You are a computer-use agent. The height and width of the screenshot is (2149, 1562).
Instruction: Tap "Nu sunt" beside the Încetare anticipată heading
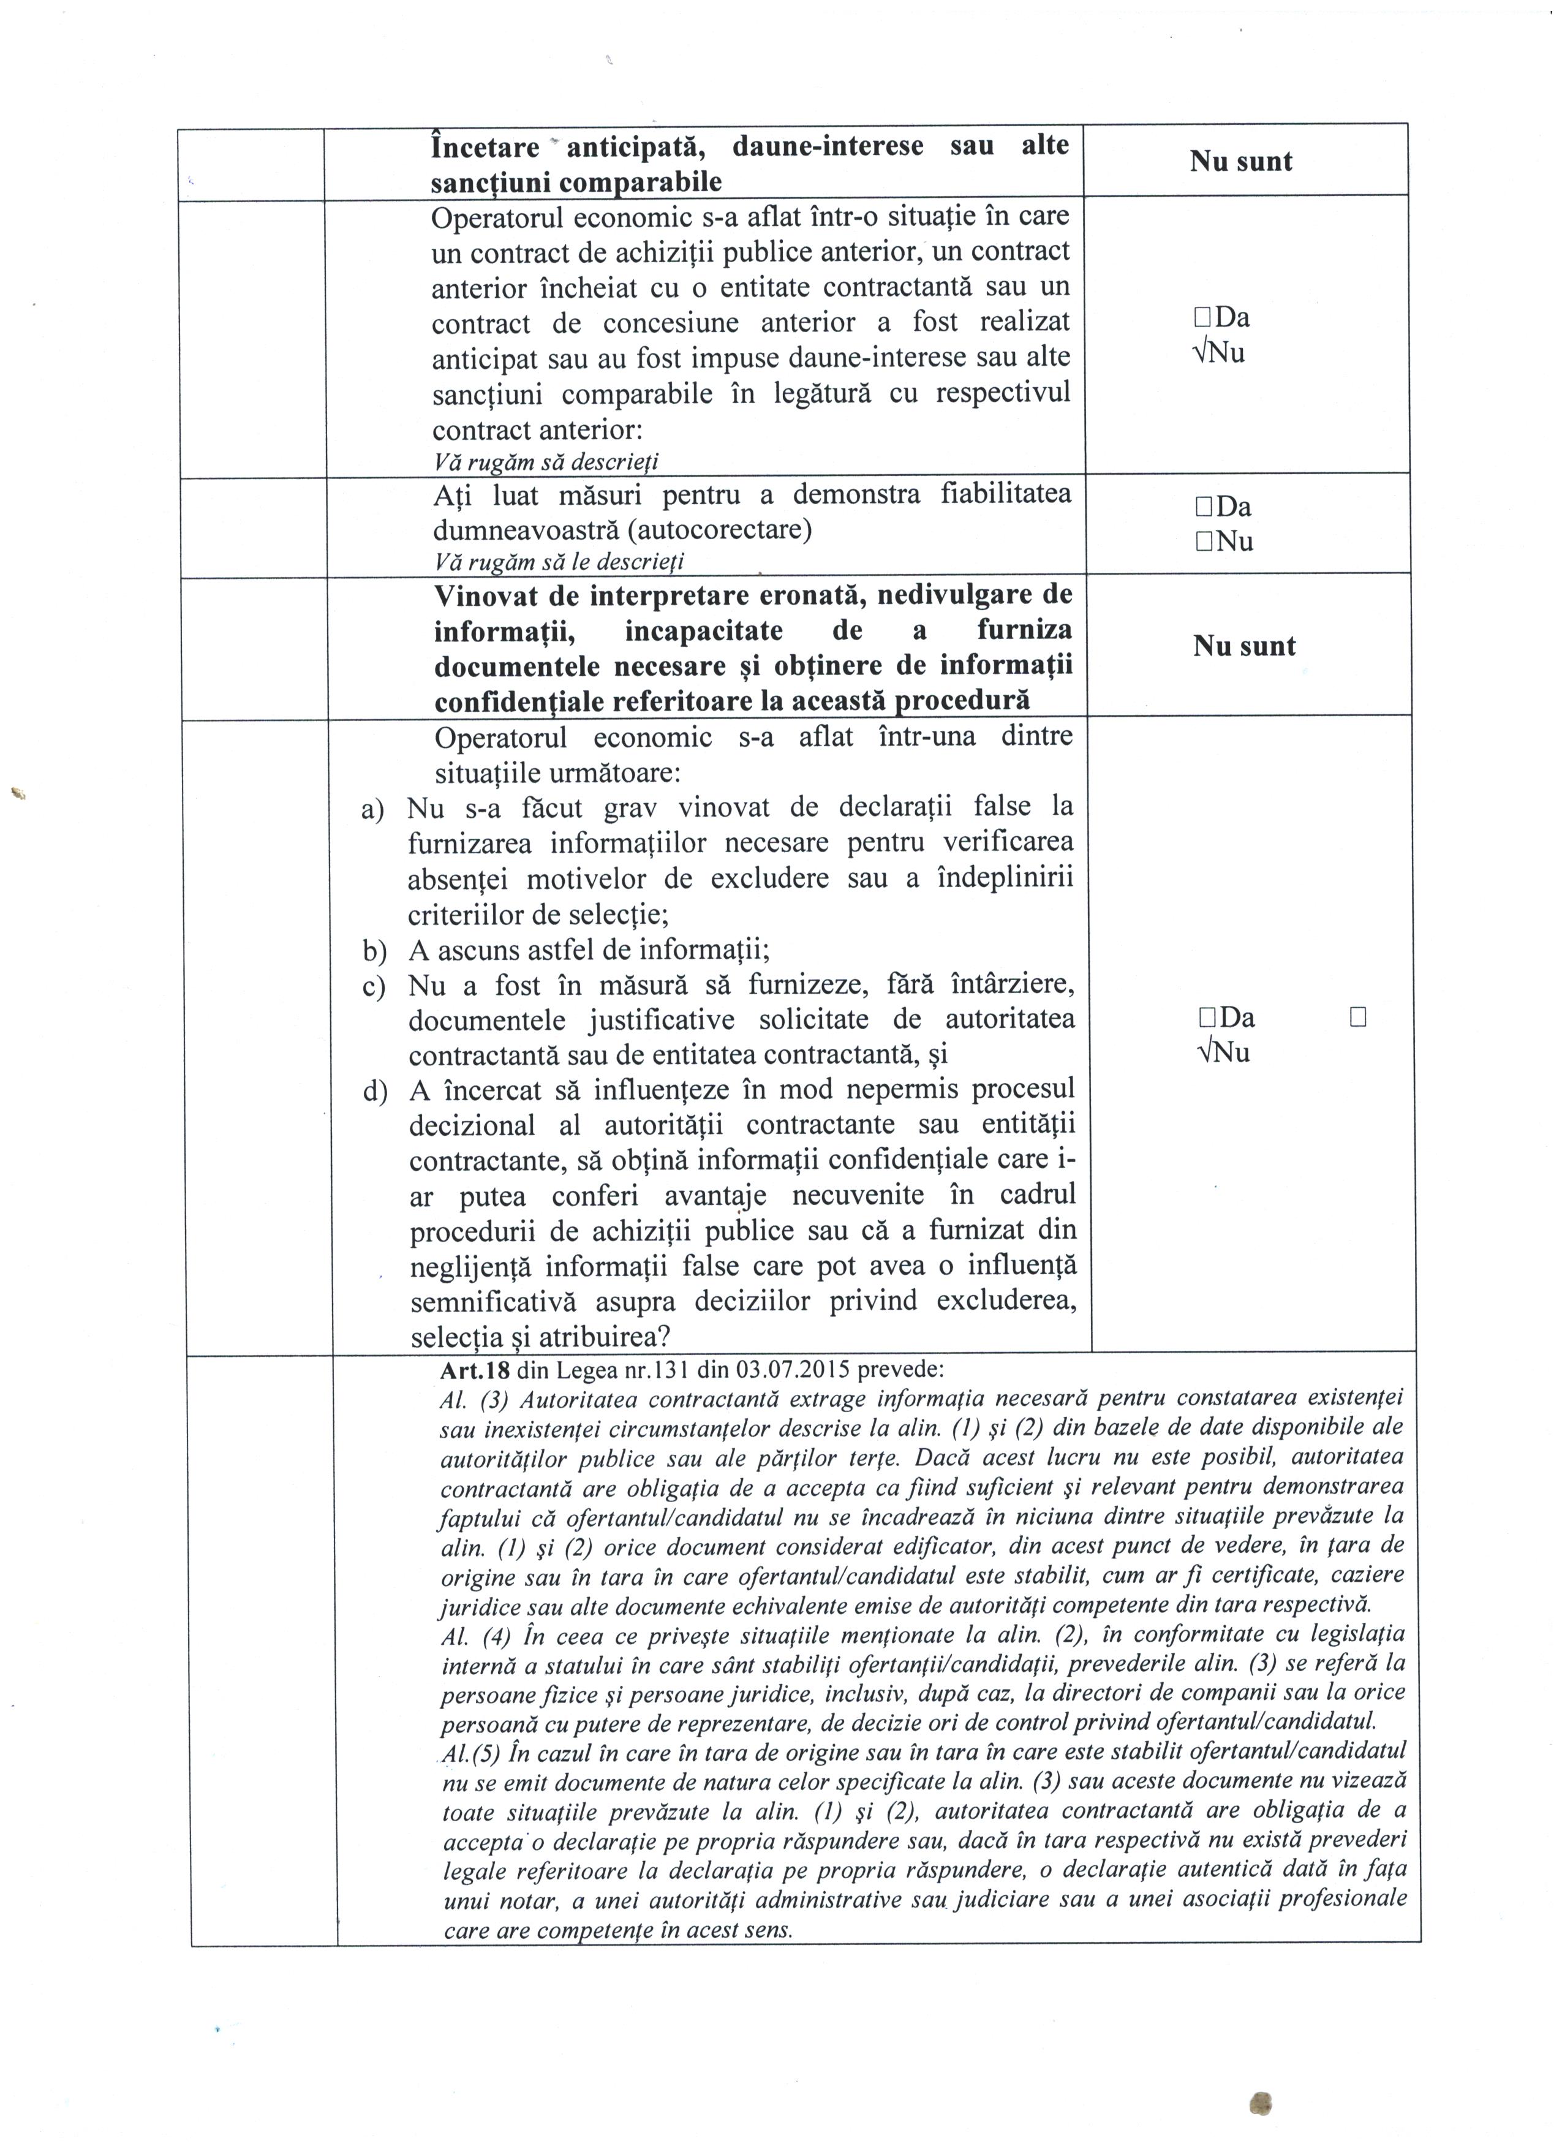[1241, 162]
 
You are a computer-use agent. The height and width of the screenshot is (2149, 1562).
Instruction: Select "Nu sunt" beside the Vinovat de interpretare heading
[1243, 647]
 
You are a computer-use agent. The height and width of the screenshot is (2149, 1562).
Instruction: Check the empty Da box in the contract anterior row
[1203, 317]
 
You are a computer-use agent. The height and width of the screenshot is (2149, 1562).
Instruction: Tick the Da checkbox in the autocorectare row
[1204, 507]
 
